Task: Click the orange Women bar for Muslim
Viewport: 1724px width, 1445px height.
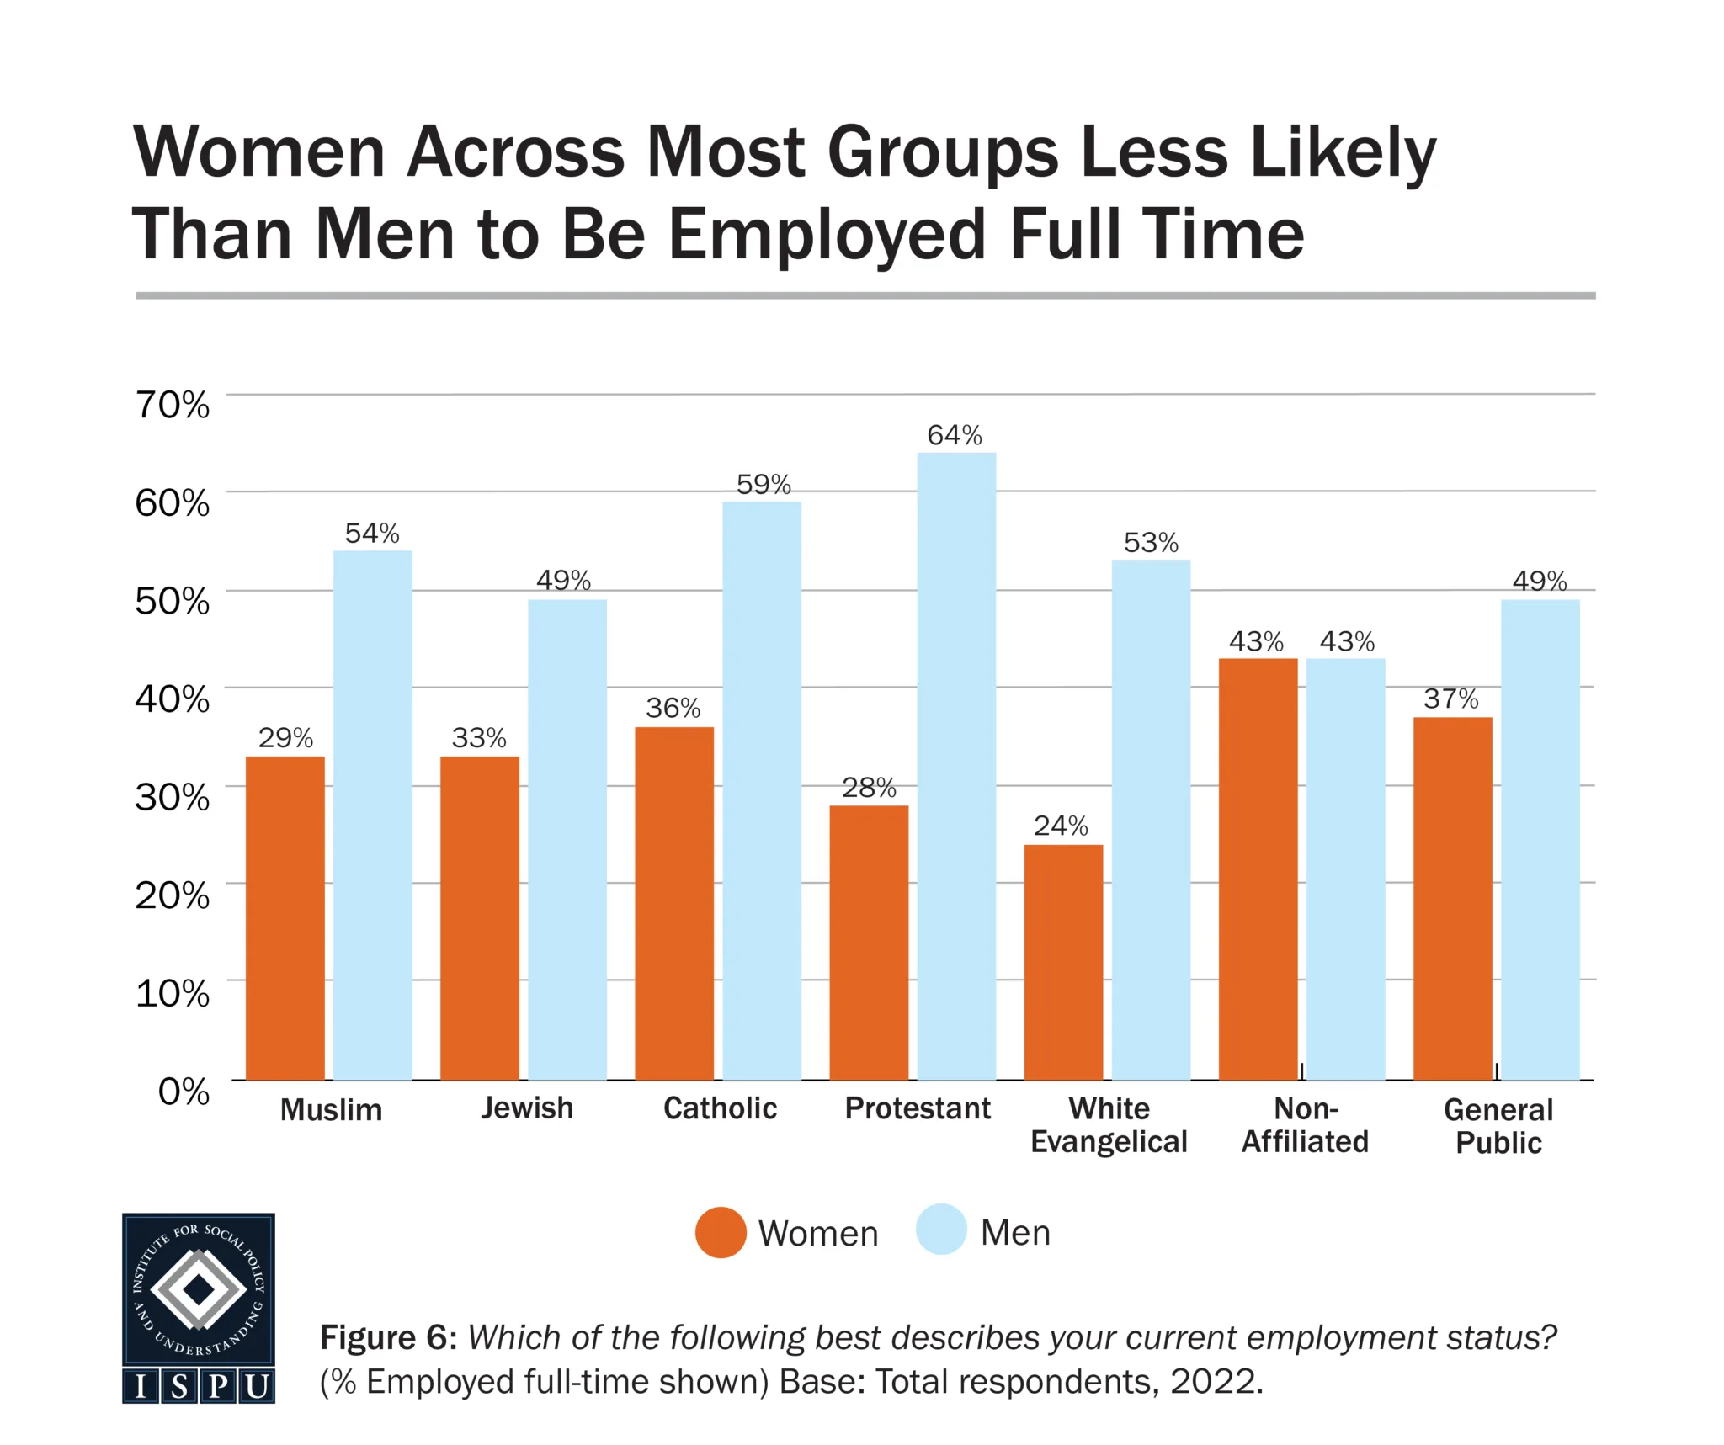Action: [x=285, y=917]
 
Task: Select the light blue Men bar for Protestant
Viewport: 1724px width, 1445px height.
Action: [x=956, y=766]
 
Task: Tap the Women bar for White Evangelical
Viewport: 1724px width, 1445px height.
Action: [x=1063, y=962]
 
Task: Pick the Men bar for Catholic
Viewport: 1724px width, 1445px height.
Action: [x=762, y=790]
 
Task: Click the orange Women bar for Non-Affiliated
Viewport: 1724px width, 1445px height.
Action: [x=1258, y=869]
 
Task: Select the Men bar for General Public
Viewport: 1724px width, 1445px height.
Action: [x=1540, y=839]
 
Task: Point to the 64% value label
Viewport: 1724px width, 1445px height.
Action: [x=955, y=435]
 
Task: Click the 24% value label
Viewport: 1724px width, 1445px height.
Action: [x=1061, y=826]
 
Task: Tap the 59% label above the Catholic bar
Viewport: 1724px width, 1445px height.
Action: [x=764, y=484]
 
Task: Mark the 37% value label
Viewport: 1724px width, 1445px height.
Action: [x=1450, y=699]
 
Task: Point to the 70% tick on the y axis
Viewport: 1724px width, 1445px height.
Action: [x=173, y=405]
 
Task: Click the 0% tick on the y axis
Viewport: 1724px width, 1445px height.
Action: [x=184, y=1092]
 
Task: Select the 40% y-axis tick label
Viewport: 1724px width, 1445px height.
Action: [x=173, y=699]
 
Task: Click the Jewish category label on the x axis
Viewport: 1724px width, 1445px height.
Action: [x=527, y=1108]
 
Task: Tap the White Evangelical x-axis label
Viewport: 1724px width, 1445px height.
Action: [x=1109, y=1125]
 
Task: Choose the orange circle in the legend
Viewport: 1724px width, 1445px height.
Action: [x=721, y=1232]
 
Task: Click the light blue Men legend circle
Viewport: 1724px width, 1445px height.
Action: [x=941, y=1230]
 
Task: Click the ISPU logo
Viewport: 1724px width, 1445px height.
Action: [x=199, y=1308]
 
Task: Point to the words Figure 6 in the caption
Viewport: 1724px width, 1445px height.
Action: [x=388, y=1337]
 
